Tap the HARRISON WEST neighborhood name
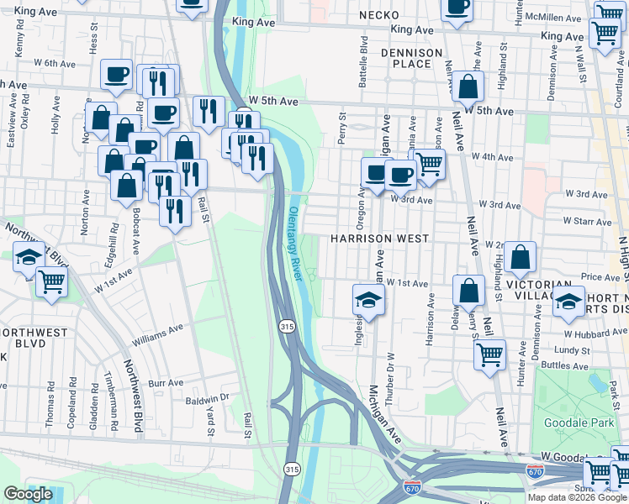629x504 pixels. pos(379,239)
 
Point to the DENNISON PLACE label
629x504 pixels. pos(411,58)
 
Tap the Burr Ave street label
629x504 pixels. pos(166,383)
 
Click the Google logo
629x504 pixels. pos(28,494)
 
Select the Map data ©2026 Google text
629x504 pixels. pos(577,496)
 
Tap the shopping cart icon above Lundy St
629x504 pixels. pos(489,352)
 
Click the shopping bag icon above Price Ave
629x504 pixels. pos(521,257)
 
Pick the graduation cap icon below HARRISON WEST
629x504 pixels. pos(367,298)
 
